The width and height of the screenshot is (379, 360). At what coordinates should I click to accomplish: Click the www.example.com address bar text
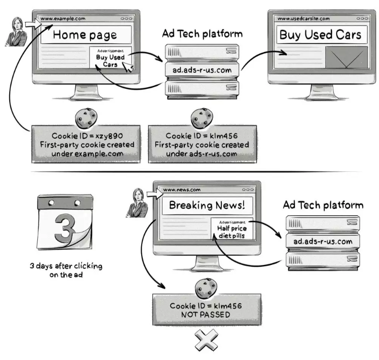[63, 19]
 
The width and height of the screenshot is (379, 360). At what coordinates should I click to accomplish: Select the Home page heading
[85, 34]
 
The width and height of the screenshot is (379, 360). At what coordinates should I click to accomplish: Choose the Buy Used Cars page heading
[320, 35]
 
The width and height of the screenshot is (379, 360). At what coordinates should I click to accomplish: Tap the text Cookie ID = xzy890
[85, 136]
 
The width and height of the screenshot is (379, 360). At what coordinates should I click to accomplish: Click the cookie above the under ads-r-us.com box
[201, 116]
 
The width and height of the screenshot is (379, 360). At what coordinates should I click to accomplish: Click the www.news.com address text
[182, 190]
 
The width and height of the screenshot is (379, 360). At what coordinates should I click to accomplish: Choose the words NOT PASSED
[206, 315]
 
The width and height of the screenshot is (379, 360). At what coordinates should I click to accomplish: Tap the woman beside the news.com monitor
[138, 202]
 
